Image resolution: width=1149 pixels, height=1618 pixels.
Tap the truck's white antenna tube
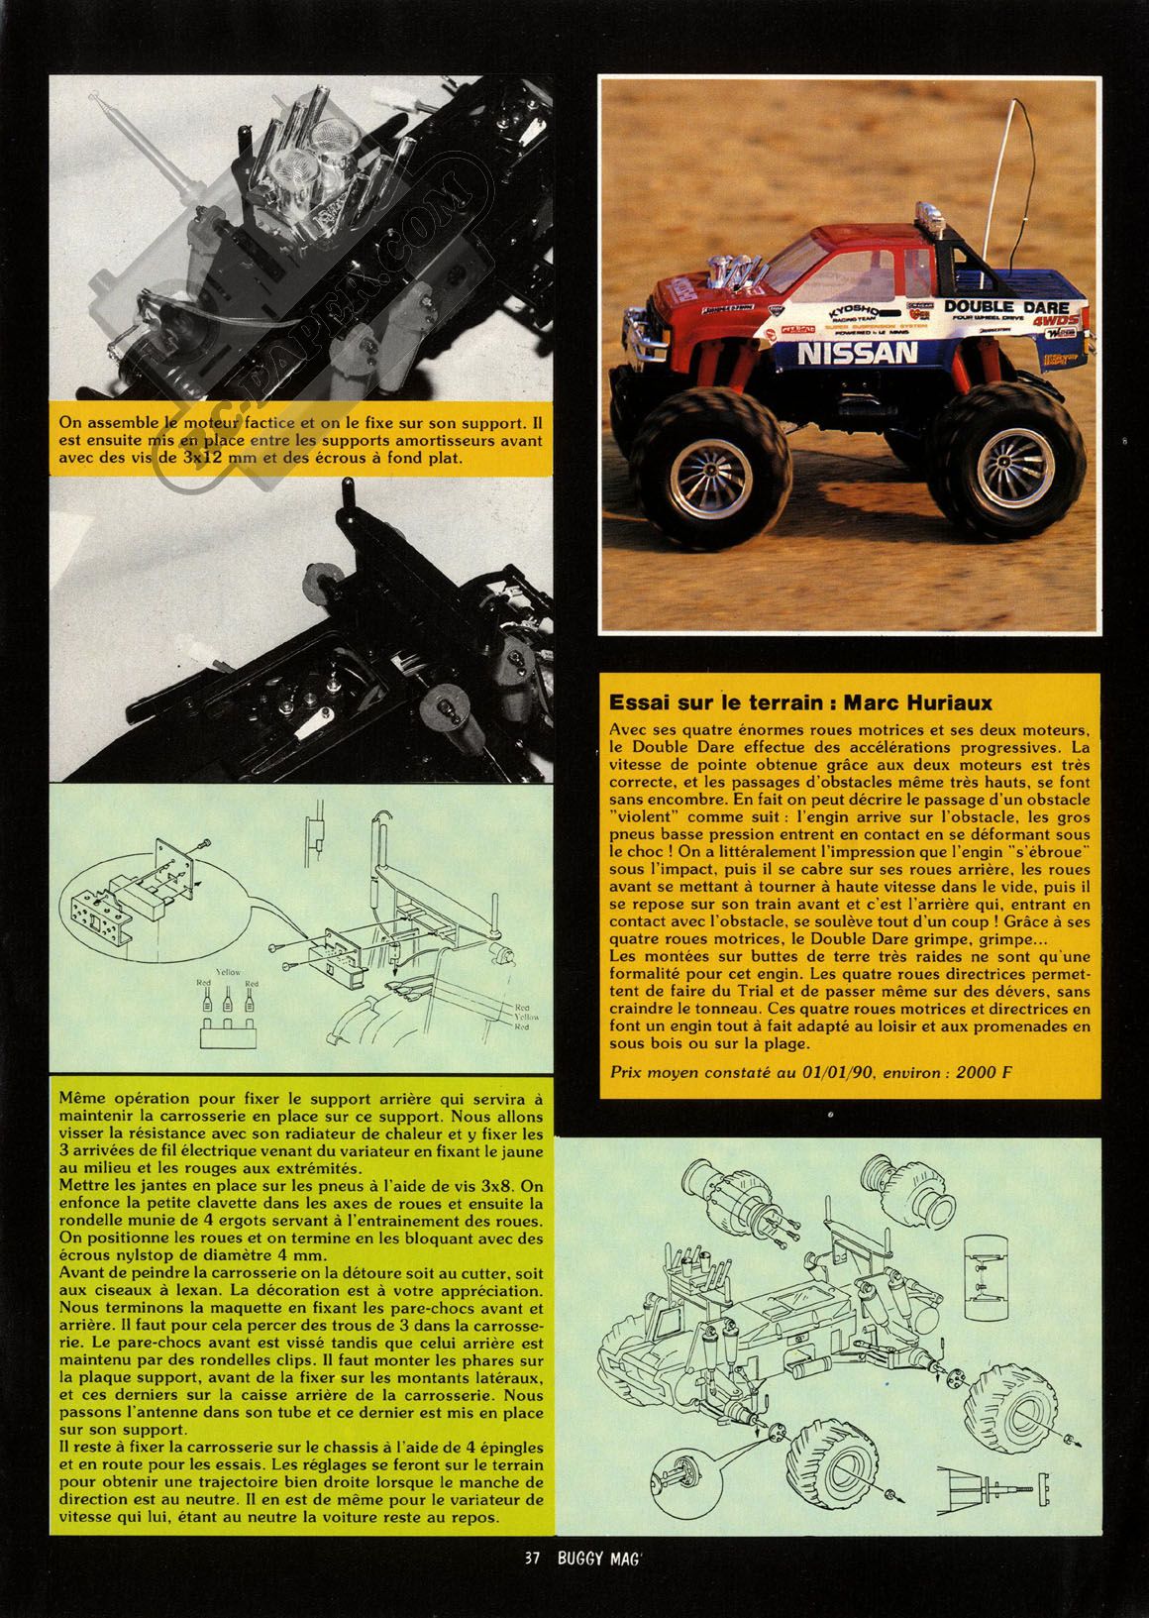click(1012, 163)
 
